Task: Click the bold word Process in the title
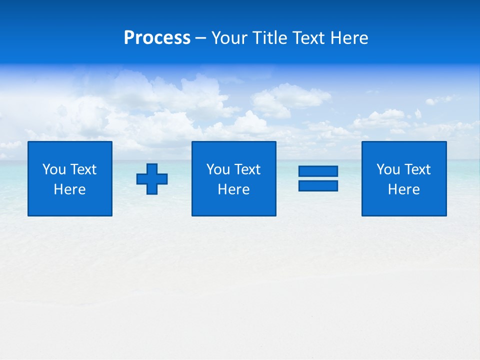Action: (157, 38)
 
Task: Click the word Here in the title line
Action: (350, 38)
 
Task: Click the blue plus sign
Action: (152, 179)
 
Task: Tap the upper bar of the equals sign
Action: (318, 171)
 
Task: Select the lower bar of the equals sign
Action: (318, 185)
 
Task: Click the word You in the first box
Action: (54, 169)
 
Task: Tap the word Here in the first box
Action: (70, 189)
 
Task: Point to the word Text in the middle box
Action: (247, 169)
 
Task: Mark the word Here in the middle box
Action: (233, 189)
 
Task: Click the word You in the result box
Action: (388, 169)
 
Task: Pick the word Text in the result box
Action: (417, 169)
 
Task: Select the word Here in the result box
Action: (404, 189)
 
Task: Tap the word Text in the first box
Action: (83, 169)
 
